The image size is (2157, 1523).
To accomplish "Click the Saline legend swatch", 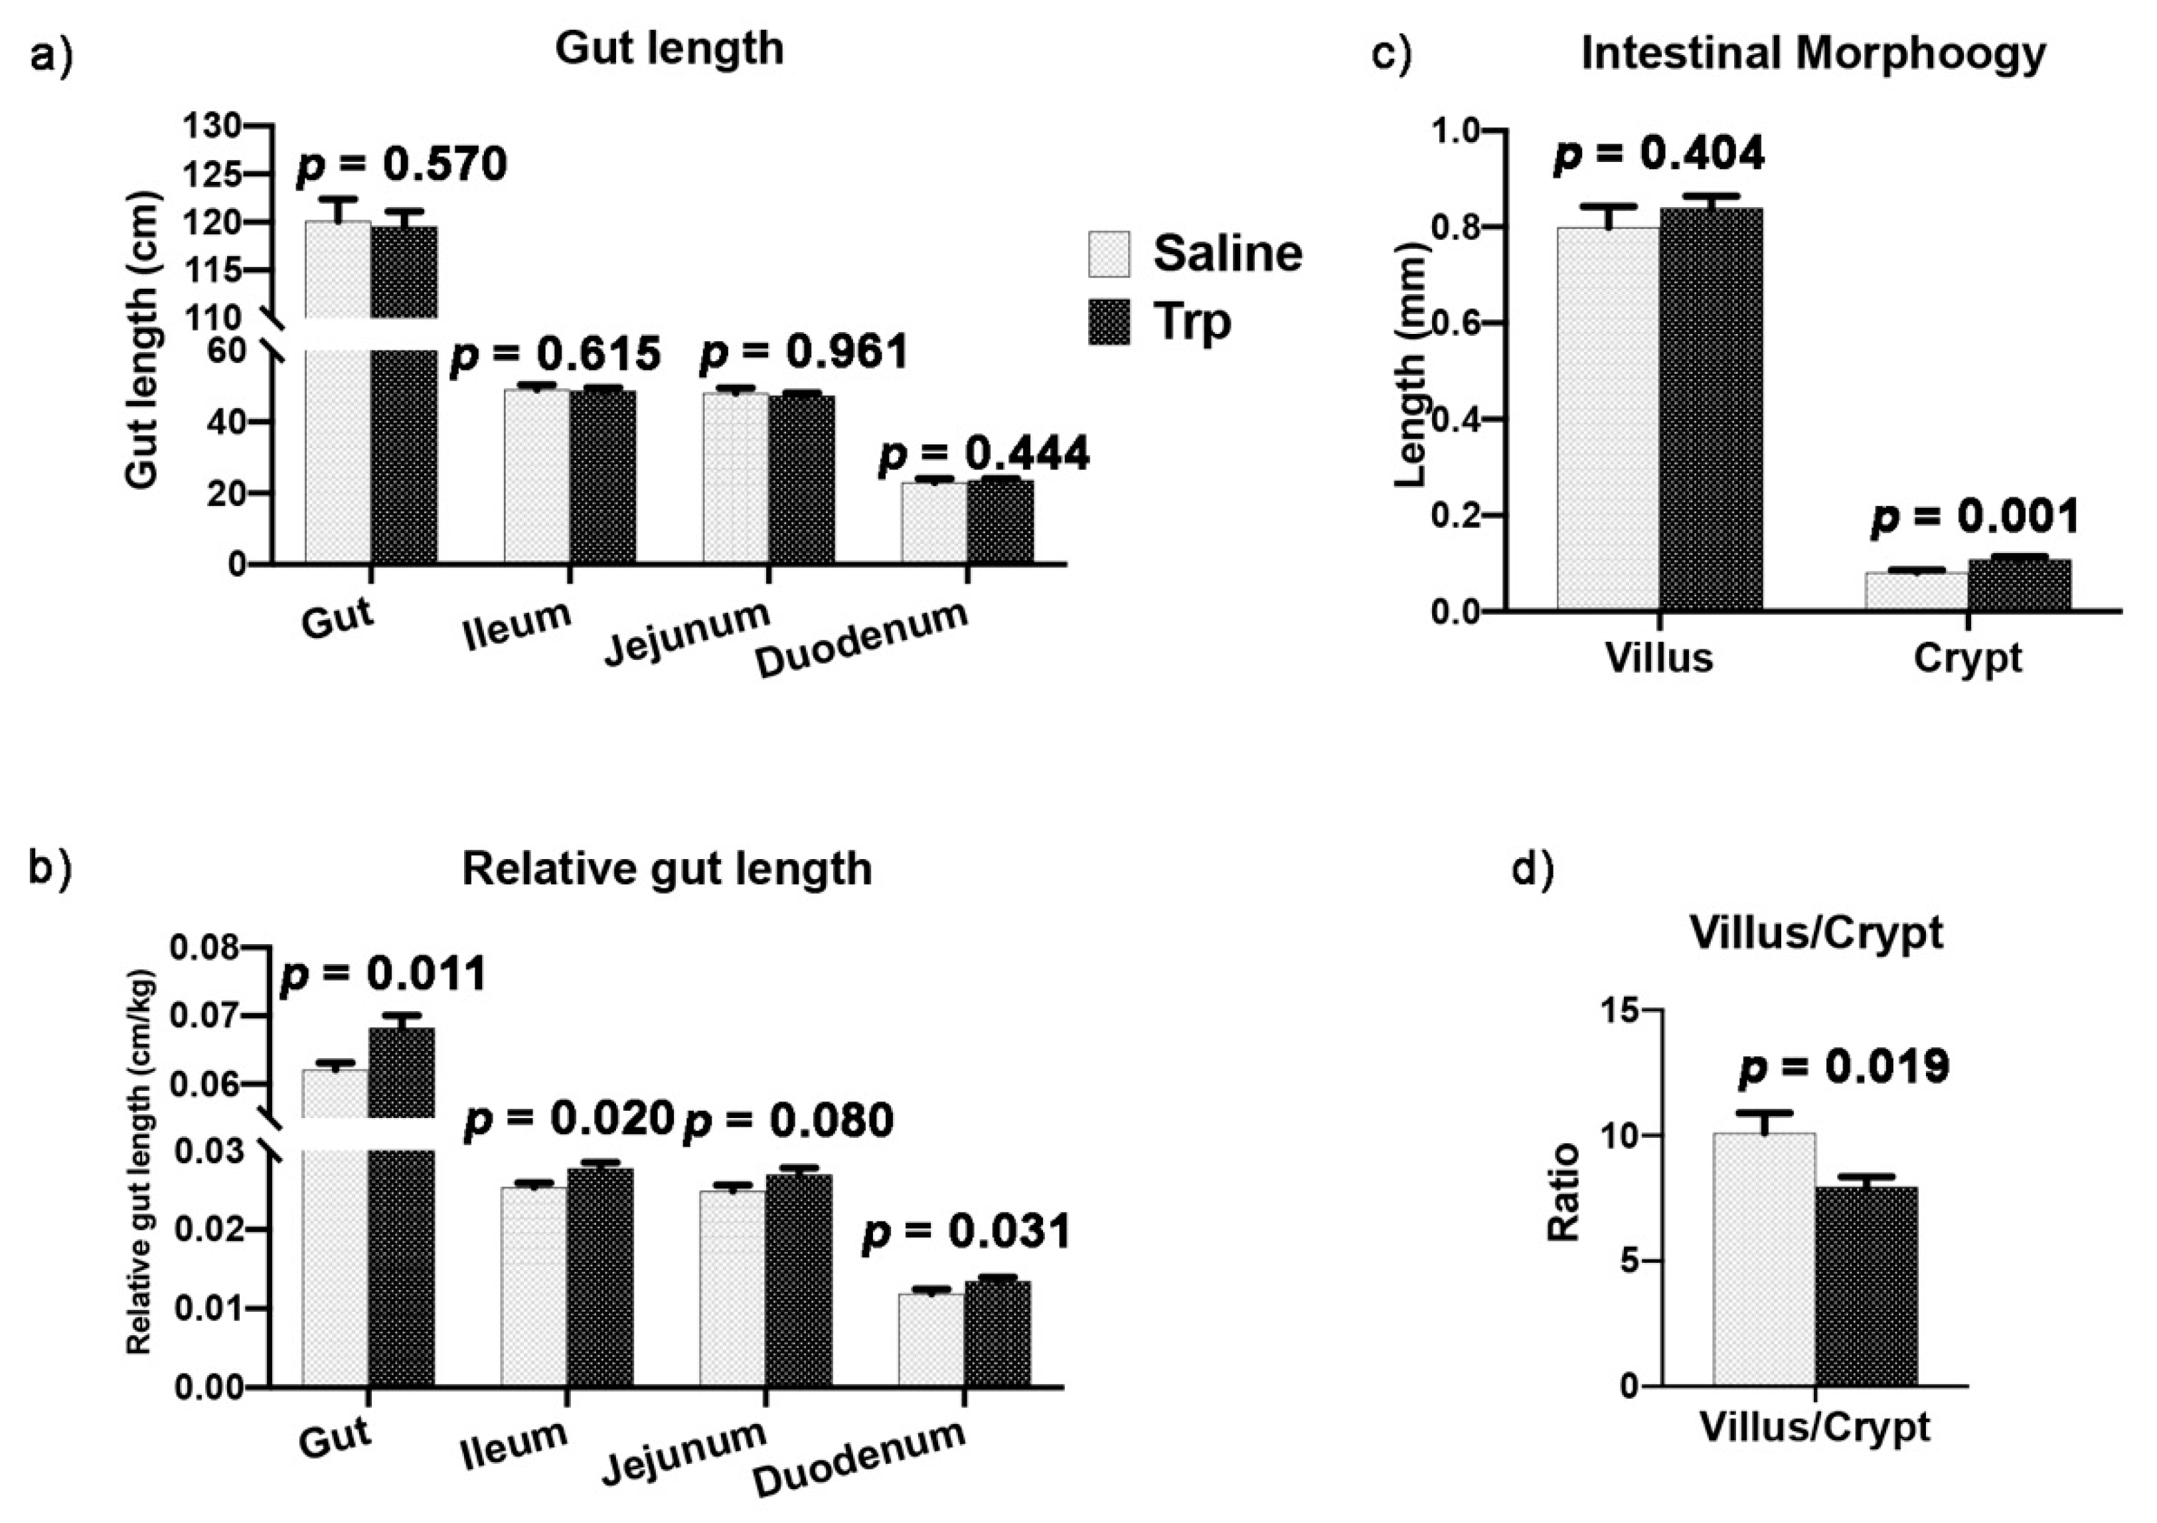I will [x=1109, y=254].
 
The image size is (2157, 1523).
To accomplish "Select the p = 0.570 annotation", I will [x=402, y=165].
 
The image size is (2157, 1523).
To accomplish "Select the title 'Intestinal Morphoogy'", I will [x=1813, y=54].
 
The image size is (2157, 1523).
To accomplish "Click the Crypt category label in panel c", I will [x=1967, y=658].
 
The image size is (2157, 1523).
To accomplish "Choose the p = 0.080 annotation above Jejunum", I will [x=787, y=1121].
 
